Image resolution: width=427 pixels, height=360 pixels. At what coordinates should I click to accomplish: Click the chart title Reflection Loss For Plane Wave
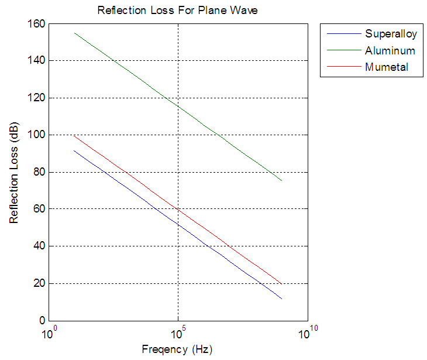(177, 11)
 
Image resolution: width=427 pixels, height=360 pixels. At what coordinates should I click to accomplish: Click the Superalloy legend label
(391, 33)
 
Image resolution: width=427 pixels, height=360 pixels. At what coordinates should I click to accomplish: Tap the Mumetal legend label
(386, 67)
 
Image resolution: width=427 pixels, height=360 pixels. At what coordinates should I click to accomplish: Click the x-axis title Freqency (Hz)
(177, 349)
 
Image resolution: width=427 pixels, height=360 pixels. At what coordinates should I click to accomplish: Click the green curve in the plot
(178, 106)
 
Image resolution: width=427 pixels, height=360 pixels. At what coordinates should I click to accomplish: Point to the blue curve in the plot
(178, 224)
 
